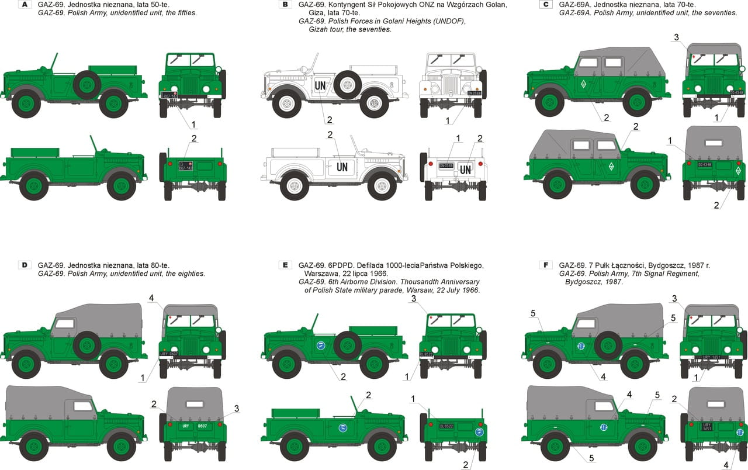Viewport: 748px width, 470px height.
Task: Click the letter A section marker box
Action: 24,5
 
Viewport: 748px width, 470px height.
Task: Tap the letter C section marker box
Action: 545,5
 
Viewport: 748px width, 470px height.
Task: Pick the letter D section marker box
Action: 24,265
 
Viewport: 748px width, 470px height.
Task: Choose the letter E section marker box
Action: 285,265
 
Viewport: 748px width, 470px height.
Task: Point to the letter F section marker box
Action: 545,265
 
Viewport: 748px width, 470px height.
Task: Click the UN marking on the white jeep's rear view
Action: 465,170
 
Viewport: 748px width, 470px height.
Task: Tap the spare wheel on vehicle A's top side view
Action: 87,85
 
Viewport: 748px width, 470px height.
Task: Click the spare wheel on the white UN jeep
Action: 348,85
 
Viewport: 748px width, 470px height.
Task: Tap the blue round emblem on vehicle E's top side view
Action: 321,345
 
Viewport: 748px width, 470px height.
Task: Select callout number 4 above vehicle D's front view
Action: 151,298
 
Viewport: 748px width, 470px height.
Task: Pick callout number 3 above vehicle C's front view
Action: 676,37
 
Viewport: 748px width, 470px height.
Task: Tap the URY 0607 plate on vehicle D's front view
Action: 169,354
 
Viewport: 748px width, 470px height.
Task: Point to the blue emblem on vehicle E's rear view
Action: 479,433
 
